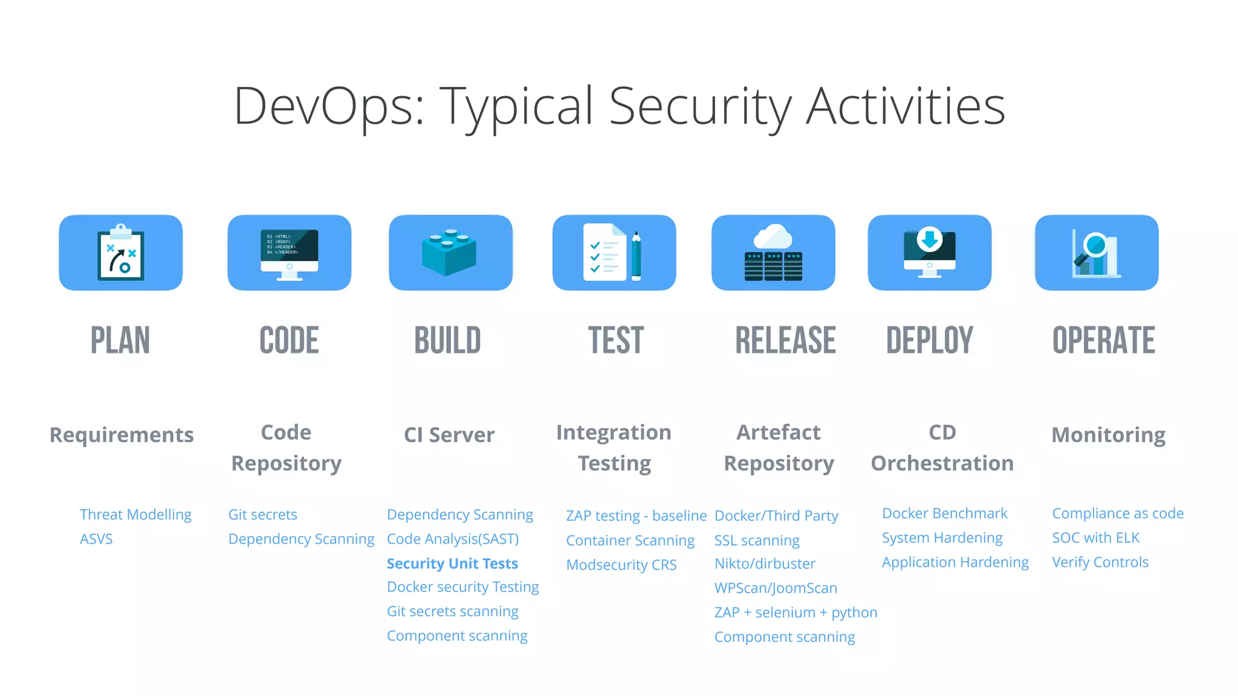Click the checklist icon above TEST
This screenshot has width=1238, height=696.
(x=614, y=253)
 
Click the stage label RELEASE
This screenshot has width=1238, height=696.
(x=785, y=340)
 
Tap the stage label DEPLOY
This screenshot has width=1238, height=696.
(x=929, y=340)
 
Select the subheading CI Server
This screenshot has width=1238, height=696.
(x=449, y=435)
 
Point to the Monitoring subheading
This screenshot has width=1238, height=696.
(x=1108, y=435)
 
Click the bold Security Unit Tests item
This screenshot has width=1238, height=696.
(x=452, y=564)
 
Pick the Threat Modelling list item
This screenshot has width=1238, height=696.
(x=135, y=515)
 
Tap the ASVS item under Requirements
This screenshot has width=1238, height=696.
(x=96, y=539)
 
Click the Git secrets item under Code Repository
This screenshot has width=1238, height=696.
(x=262, y=515)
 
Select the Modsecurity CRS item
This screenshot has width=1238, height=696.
(x=621, y=565)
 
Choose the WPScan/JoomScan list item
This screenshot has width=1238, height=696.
(x=776, y=588)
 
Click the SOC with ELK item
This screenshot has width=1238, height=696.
(x=1095, y=538)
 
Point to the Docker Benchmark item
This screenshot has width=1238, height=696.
(x=944, y=514)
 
